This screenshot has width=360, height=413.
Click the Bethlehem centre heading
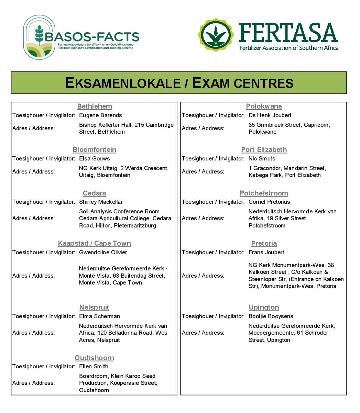point(95,107)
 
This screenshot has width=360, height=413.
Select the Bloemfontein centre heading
point(95,150)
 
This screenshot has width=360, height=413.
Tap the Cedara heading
point(95,193)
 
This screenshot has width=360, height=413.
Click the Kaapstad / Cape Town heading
point(95,244)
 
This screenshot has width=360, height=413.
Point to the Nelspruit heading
point(94,307)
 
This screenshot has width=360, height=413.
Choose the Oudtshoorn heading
point(95,358)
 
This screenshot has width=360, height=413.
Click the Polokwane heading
point(264,107)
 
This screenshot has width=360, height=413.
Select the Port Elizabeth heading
point(264,150)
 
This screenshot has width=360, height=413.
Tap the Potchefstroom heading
point(264,193)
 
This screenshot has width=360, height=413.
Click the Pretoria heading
point(264,244)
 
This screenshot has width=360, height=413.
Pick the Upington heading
point(264,307)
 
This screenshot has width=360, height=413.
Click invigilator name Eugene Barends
point(100,115)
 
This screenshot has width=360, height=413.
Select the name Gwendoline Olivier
point(103,253)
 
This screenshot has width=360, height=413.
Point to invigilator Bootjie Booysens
point(271,316)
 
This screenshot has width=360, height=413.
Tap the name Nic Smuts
point(262,159)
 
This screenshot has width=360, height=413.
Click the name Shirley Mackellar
point(101,202)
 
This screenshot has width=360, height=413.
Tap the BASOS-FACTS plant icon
point(39,36)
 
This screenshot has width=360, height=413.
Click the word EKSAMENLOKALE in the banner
point(123,83)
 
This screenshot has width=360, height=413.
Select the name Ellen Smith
point(94,367)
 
